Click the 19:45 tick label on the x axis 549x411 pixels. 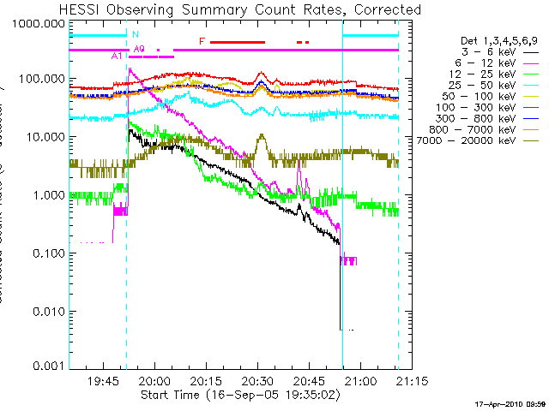point(103,381)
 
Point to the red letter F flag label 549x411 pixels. point(202,41)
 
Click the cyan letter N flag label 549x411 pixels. point(135,34)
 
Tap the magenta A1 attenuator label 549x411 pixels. point(118,56)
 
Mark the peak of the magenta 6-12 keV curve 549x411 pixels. point(129,68)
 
